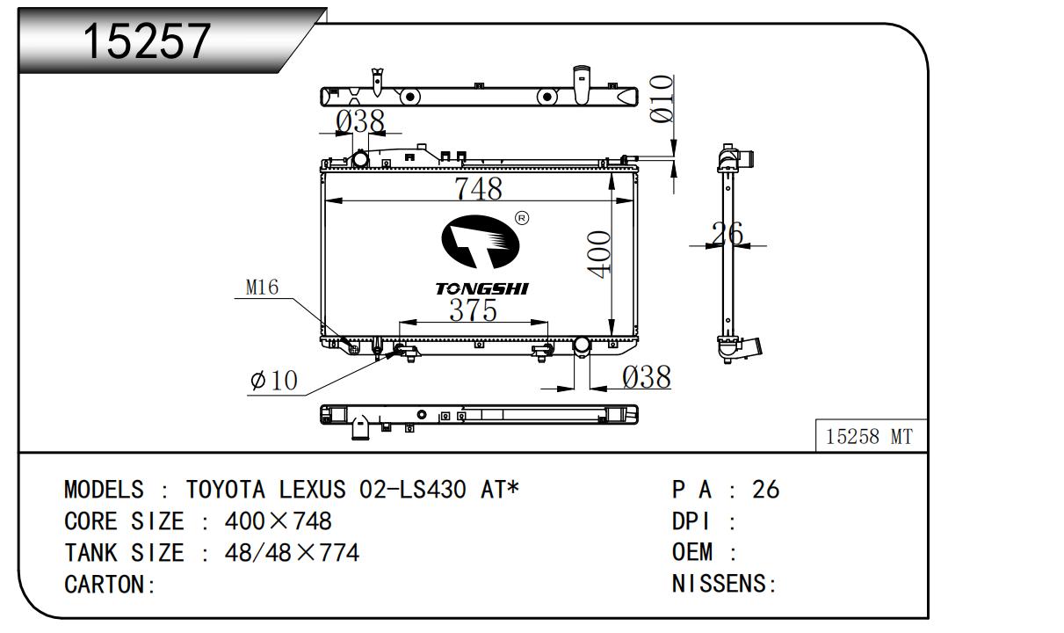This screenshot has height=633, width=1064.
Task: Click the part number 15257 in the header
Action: coord(147,40)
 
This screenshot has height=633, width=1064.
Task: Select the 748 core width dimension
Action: coord(478,189)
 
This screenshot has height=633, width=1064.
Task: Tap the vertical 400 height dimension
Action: coord(598,254)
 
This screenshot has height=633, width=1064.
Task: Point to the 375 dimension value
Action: coord(473,310)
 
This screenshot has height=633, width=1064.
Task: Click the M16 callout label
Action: coord(262,287)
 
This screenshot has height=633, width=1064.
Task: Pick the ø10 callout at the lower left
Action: coord(274,380)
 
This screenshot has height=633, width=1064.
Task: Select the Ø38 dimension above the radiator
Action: coord(359,121)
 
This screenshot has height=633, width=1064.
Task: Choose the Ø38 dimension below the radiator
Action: coord(647,377)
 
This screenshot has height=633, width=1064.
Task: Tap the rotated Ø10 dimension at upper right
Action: coord(662,98)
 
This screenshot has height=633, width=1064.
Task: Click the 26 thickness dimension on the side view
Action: coord(727,233)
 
